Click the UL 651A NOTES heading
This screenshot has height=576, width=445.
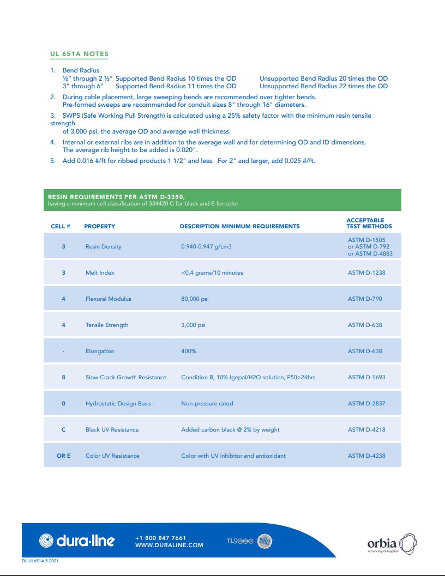[x=79, y=54]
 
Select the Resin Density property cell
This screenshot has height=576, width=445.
[x=103, y=247]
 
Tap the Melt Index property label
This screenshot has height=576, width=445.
[x=100, y=273]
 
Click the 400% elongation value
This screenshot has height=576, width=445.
[x=188, y=351]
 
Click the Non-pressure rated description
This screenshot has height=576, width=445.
[x=207, y=404]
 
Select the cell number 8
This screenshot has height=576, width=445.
[x=63, y=378]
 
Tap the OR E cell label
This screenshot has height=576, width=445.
[x=63, y=456]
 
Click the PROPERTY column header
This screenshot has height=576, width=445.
[x=99, y=226]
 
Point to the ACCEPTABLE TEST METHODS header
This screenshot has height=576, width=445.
[x=369, y=223]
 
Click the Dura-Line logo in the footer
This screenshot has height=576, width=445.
[x=77, y=541]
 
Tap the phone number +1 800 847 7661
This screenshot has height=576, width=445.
[x=160, y=538]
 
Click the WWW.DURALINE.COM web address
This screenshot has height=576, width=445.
[x=169, y=545]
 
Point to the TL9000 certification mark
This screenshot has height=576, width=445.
[x=240, y=541]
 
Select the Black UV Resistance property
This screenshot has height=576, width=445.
[x=112, y=430]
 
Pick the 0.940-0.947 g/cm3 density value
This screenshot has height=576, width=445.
[x=206, y=247]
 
